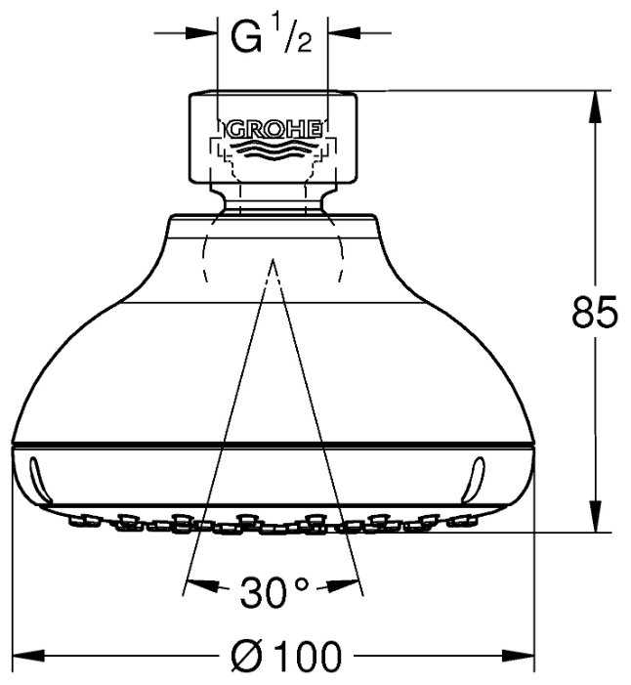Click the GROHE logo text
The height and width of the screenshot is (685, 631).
[x=273, y=130]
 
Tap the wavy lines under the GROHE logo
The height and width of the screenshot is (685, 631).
[x=273, y=150]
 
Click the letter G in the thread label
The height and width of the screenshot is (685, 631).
[x=246, y=38]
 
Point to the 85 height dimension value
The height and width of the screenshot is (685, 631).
[x=595, y=312]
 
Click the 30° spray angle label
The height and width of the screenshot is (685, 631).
[x=274, y=592]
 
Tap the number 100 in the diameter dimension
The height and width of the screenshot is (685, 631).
[x=310, y=656]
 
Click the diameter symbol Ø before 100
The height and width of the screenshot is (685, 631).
[x=247, y=656]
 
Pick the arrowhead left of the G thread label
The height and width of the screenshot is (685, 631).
[x=201, y=33]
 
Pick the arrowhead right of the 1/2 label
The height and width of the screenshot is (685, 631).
[x=344, y=33]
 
